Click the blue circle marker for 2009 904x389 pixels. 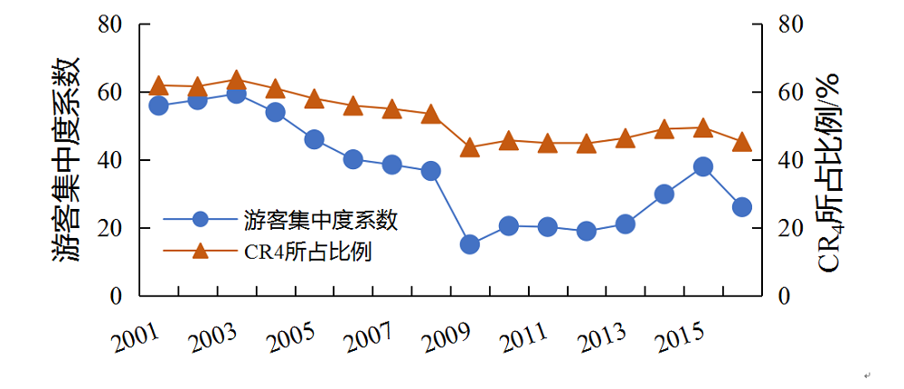[469, 244]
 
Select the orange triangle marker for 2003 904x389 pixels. [237, 81]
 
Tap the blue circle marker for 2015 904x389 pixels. [702, 166]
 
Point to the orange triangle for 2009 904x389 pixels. [469, 147]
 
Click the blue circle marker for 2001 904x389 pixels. [159, 106]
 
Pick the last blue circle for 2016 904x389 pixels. [741, 207]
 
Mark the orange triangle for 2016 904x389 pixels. [741, 141]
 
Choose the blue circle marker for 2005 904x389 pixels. [314, 139]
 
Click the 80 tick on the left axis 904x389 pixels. [109, 24]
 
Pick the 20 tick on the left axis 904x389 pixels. [109, 228]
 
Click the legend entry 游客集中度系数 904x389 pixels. [320, 219]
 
